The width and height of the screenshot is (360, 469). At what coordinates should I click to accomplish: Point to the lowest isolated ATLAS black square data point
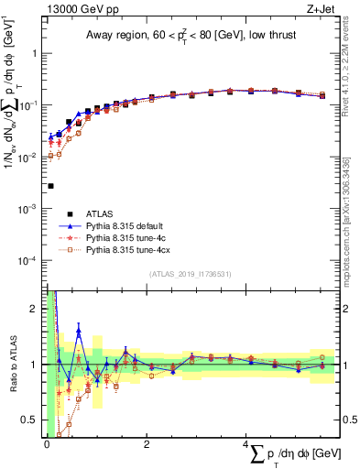click(50, 186)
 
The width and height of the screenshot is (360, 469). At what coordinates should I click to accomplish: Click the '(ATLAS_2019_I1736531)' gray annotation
click(189, 274)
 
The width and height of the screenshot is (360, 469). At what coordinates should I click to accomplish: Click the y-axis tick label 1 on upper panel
click(37, 53)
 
